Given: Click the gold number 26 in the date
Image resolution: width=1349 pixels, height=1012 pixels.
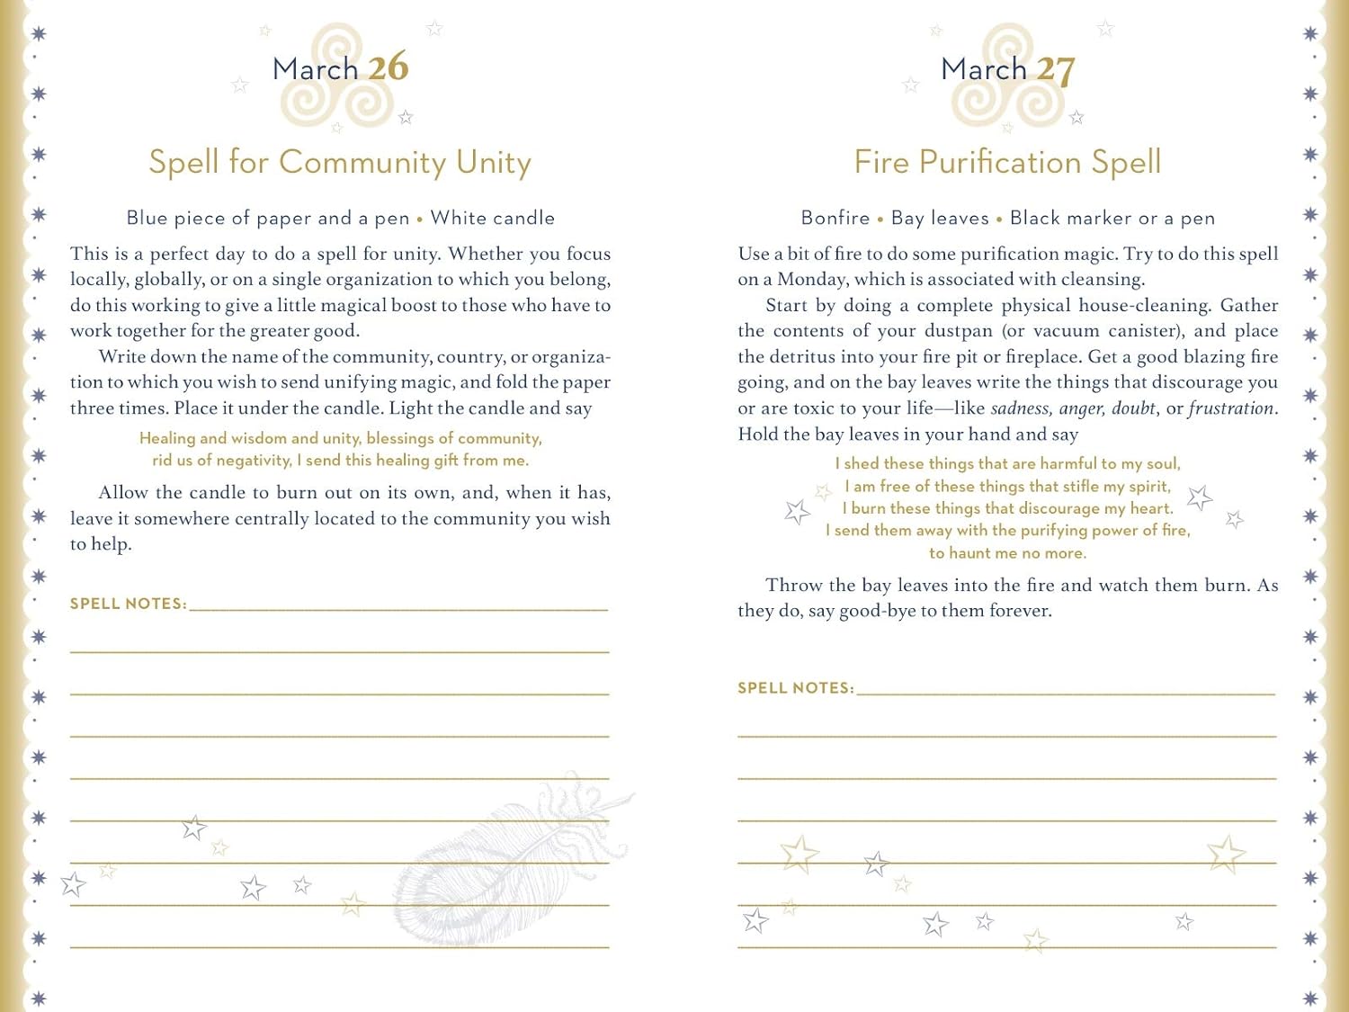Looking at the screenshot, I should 388,67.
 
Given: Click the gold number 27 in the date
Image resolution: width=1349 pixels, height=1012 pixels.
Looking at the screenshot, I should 1055,70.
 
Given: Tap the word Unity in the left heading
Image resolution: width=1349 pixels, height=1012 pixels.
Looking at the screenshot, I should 494,162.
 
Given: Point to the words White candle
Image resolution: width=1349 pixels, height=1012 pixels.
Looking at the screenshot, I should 493,218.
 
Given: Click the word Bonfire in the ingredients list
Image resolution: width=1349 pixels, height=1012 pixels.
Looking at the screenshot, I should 835,218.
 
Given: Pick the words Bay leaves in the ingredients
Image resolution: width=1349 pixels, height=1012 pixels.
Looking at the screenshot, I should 940,218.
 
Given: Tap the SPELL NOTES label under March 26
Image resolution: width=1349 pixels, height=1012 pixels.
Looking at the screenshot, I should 128,604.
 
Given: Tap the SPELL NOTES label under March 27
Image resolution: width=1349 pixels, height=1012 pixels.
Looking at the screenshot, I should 795,688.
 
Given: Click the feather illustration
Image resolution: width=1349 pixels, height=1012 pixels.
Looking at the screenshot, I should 504,855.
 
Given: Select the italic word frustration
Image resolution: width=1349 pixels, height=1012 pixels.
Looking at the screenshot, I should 1231,408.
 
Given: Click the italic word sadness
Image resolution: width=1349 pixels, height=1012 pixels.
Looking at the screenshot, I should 1020,408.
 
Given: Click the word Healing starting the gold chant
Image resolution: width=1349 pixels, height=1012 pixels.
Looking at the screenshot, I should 167,438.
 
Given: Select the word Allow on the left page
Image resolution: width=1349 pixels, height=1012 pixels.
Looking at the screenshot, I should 123,493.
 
